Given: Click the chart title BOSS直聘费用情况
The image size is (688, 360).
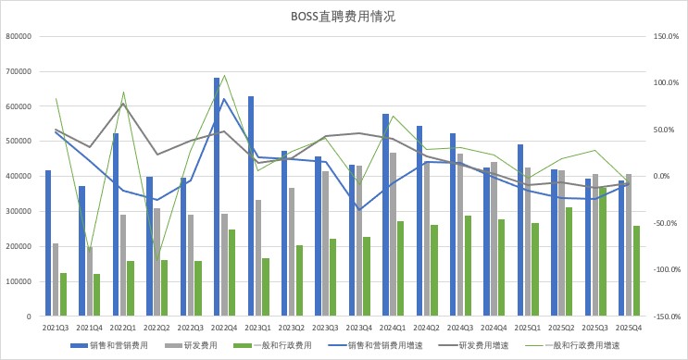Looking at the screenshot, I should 344,17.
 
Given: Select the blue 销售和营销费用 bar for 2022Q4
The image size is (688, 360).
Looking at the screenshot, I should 217,197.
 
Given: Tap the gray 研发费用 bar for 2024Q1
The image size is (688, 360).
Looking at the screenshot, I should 393,234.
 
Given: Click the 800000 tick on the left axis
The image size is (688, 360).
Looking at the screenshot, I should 19,37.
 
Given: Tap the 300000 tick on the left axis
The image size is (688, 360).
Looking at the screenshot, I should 19,211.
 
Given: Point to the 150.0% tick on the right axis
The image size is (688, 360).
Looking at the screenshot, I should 667,37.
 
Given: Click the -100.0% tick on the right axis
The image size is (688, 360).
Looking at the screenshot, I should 667,269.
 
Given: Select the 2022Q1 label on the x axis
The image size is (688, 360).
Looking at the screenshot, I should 123,328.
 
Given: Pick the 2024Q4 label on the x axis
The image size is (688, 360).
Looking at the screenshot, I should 494,328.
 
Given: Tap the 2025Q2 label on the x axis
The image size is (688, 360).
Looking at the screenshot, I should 562,328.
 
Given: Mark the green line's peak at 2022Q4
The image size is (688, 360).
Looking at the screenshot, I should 224,75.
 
